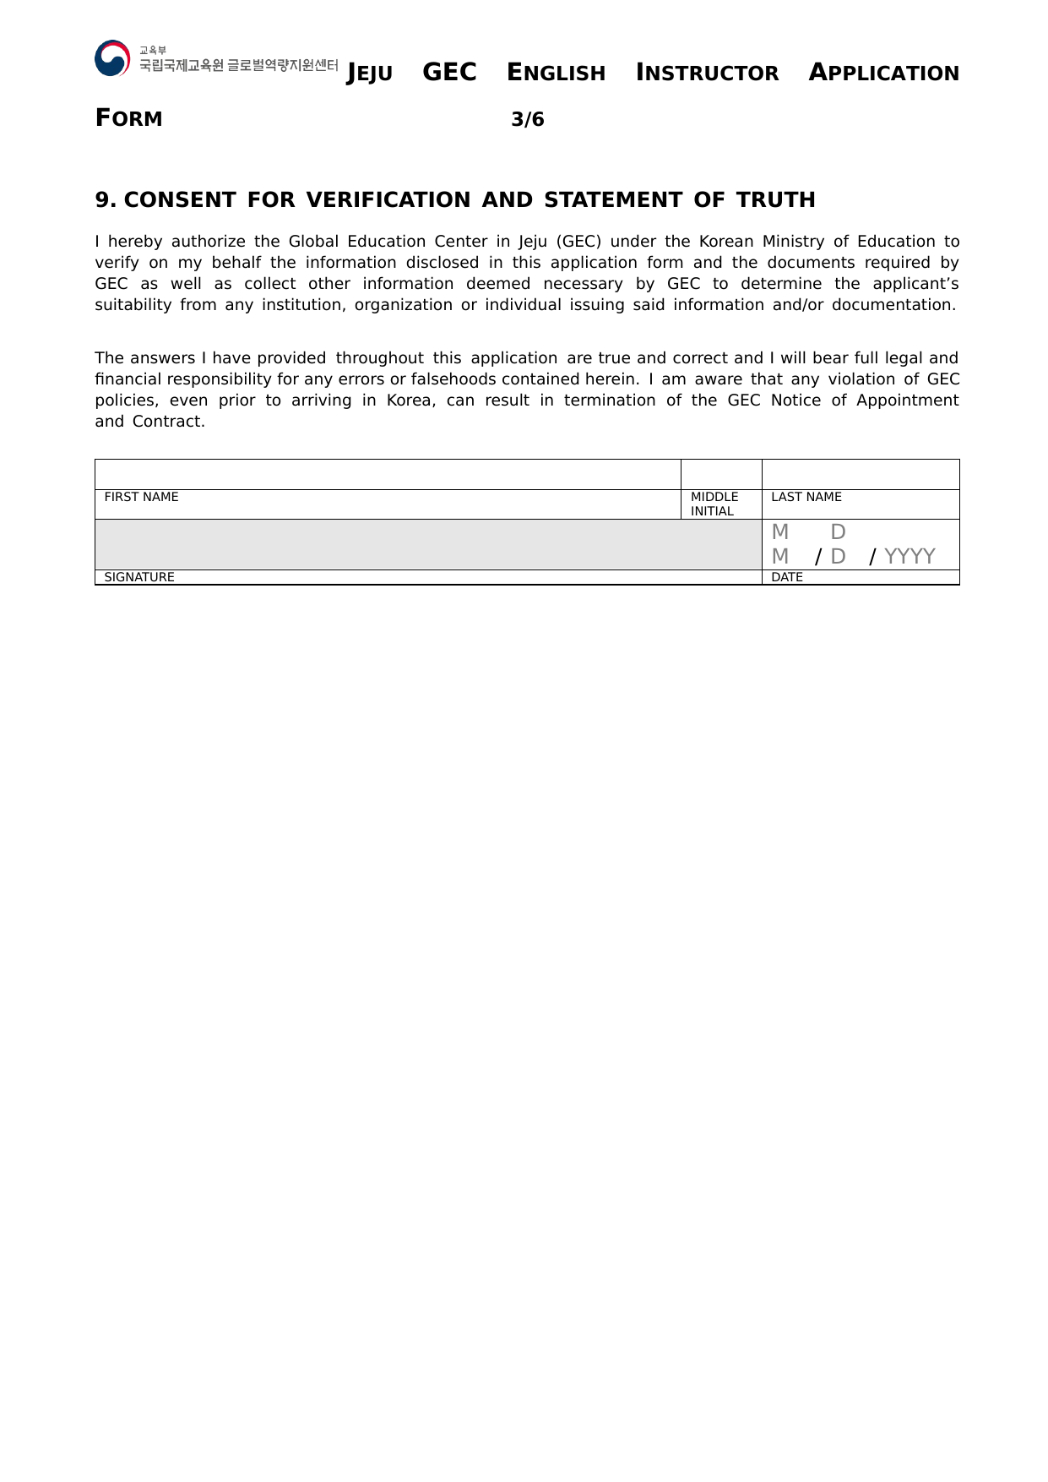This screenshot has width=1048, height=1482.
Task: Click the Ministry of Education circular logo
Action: point(112,58)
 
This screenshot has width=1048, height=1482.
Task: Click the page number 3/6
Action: point(528,120)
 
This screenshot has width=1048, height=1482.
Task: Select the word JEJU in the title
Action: point(370,74)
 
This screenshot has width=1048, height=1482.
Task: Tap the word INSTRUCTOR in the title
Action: point(707,74)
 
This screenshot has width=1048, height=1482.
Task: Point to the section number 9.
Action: point(105,200)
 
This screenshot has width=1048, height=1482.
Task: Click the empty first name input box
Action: point(388,474)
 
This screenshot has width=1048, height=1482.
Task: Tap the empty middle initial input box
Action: point(721,474)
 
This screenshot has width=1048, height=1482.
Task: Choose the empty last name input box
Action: point(861,474)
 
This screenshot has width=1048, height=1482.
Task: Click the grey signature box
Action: point(428,544)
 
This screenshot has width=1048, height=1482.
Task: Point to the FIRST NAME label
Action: point(141,497)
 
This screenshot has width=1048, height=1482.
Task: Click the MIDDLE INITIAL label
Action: point(714,504)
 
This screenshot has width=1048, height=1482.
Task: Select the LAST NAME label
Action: point(806,497)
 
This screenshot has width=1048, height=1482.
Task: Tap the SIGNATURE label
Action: point(139,577)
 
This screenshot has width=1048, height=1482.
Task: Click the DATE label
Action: point(787,577)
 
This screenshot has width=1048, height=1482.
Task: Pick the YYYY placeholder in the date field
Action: point(910,556)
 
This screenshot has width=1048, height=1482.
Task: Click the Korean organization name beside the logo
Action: point(238,65)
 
